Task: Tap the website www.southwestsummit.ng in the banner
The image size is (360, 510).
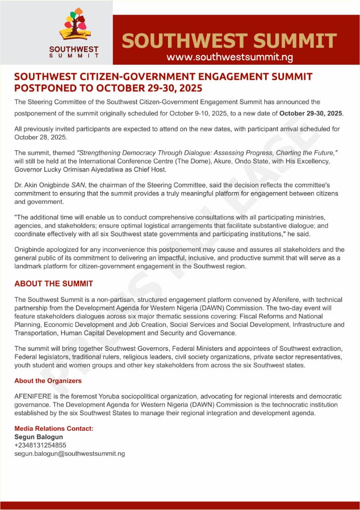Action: pos(230,57)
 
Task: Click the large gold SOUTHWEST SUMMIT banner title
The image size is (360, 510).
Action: pos(229,41)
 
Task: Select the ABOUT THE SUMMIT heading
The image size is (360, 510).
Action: pos(54,284)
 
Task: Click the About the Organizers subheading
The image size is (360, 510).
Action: pos(48,381)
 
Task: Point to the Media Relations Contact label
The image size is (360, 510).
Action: pos(54,428)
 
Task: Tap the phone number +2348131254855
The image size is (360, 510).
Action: pos(41,445)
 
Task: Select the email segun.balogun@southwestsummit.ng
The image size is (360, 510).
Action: pos(70,453)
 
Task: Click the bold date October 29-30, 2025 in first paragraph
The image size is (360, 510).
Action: pos(311,114)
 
